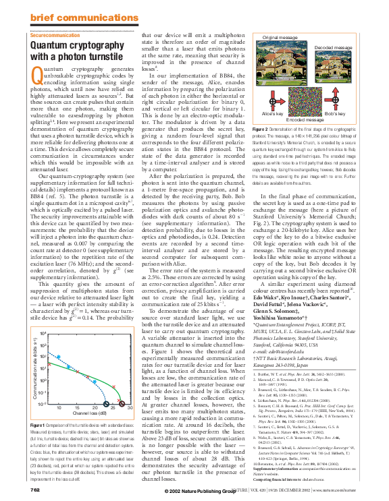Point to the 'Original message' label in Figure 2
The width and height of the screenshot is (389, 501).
tap(280, 38)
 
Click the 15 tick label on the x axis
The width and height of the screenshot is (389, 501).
tap(59, 409)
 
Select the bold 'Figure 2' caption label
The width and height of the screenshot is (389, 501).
tap(261, 128)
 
